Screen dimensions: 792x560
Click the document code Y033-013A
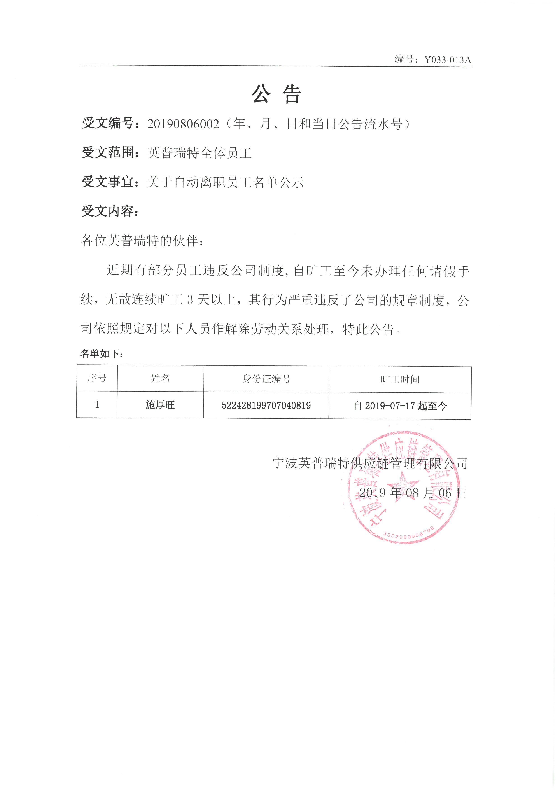point(447,60)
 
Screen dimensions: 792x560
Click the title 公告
point(277,94)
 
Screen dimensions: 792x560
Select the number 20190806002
point(183,124)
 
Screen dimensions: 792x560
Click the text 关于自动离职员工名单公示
point(226,182)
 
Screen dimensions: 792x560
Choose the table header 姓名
point(160,378)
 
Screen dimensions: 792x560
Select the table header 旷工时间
point(400,379)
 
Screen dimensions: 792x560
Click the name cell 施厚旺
point(160,405)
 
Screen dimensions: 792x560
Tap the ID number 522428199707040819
point(266,405)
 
